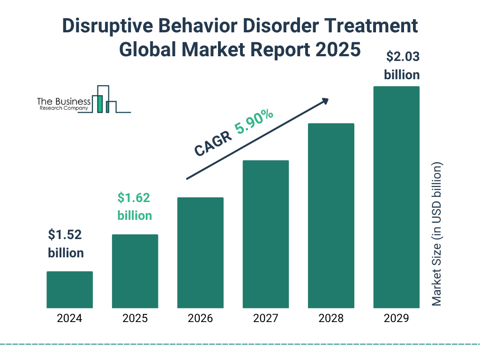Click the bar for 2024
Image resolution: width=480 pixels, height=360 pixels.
tap(69, 290)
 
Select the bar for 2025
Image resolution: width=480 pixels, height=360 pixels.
tap(135, 271)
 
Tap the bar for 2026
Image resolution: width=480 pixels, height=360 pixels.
tap(200, 253)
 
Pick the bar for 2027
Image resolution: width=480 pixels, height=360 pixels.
tap(265, 234)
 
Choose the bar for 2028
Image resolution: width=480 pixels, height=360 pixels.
tap(331, 216)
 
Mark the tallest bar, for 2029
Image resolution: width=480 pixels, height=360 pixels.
tap(396, 197)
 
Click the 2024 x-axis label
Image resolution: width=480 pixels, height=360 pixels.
tap(69, 319)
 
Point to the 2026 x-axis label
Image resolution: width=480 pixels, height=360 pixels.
tap(200, 319)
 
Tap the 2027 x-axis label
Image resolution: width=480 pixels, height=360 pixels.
tap(265, 319)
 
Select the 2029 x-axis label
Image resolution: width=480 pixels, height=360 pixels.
tap(396, 319)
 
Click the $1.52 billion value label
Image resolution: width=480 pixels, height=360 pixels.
tap(66, 244)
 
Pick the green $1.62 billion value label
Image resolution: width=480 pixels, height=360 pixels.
tap(135, 207)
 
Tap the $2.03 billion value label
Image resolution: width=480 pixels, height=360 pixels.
tap(402, 66)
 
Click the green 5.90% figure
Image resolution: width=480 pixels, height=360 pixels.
tap(255, 122)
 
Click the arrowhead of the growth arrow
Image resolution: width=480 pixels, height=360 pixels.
tap(325, 101)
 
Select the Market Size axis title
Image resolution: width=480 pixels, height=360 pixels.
tap(437, 234)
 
